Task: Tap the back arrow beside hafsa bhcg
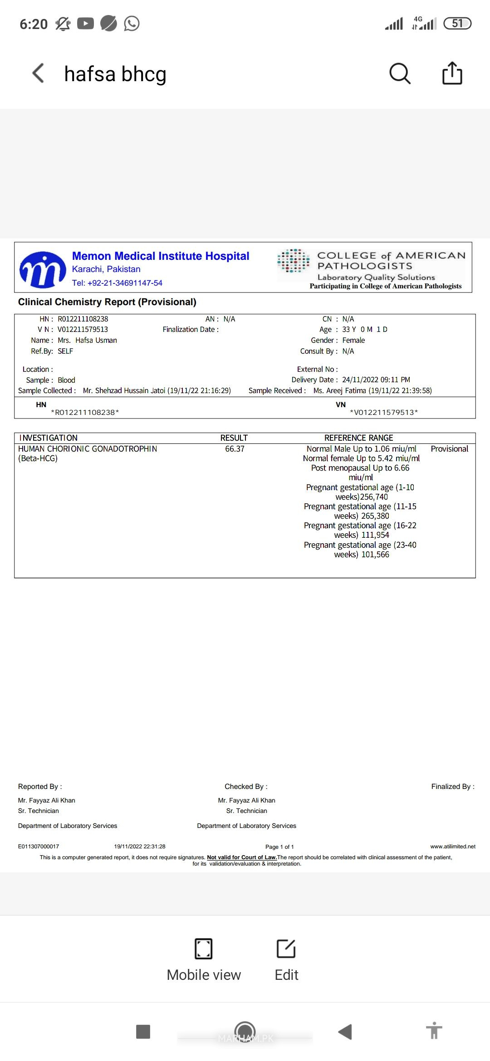point(39,73)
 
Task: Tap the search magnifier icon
point(400,73)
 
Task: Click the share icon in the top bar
point(452,73)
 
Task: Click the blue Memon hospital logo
point(43,269)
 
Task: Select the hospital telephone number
point(117,283)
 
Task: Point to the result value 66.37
point(235,449)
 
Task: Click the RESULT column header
point(234,438)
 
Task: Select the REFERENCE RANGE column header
point(358,438)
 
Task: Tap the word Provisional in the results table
point(449,449)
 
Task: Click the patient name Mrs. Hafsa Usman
point(87,341)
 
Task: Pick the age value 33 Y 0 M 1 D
point(364,330)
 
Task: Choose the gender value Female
point(353,341)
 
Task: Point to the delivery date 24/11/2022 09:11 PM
point(376,380)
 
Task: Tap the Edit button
point(286,959)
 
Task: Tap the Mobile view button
point(204,959)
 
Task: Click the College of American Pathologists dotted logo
point(294,261)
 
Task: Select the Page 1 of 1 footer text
point(279,847)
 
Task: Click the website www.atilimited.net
point(453,846)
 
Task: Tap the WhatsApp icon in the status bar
point(132,23)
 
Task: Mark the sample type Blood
point(66,380)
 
